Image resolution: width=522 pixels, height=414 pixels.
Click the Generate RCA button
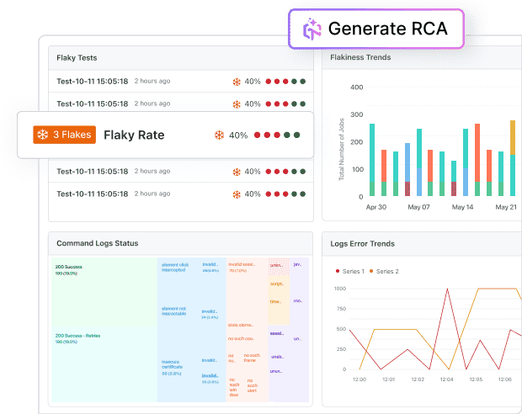(x=376, y=29)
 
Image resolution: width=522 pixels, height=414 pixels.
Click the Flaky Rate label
(x=134, y=135)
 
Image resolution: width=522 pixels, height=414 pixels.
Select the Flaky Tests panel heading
(x=77, y=58)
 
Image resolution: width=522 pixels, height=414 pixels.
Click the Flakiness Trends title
(x=360, y=58)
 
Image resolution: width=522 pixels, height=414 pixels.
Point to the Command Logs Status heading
(x=97, y=243)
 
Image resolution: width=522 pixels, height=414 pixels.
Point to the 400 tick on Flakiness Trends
(x=356, y=87)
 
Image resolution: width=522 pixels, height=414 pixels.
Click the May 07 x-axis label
(x=418, y=207)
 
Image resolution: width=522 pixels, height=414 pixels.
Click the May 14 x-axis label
(x=463, y=207)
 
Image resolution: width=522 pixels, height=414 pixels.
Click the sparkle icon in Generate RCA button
(x=311, y=29)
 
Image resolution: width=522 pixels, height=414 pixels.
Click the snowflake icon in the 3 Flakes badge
(x=42, y=135)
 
